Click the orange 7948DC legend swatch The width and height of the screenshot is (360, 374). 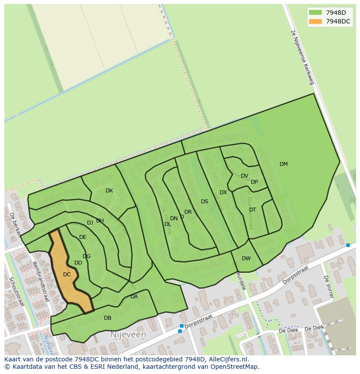click(x=316, y=21)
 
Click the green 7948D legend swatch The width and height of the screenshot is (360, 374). click(x=316, y=13)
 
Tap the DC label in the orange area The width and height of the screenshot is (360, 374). click(x=67, y=275)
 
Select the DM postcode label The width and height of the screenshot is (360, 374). click(x=283, y=164)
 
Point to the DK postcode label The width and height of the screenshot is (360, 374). click(x=109, y=191)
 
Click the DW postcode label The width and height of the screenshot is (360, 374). click(x=246, y=258)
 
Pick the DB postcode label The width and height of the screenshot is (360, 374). click(x=107, y=318)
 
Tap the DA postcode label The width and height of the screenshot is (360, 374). click(x=134, y=297)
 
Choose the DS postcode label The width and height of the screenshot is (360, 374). click(x=204, y=202)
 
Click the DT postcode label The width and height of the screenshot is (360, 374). click(x=253, y=210)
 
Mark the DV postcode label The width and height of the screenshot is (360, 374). click(x=244, y=176)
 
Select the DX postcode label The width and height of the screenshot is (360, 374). click(x=223, y=192)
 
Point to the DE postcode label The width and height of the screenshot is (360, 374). click(x=83, y=237)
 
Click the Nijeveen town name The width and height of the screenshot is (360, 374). click(x=128, y=335)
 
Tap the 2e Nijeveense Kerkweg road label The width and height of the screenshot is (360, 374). click(x=302, y=57)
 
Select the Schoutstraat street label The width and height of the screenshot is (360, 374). click(x=17, y=291)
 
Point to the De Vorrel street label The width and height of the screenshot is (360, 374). click(x=329, y=286)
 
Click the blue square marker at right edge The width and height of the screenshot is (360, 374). click(x=348, y=245)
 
